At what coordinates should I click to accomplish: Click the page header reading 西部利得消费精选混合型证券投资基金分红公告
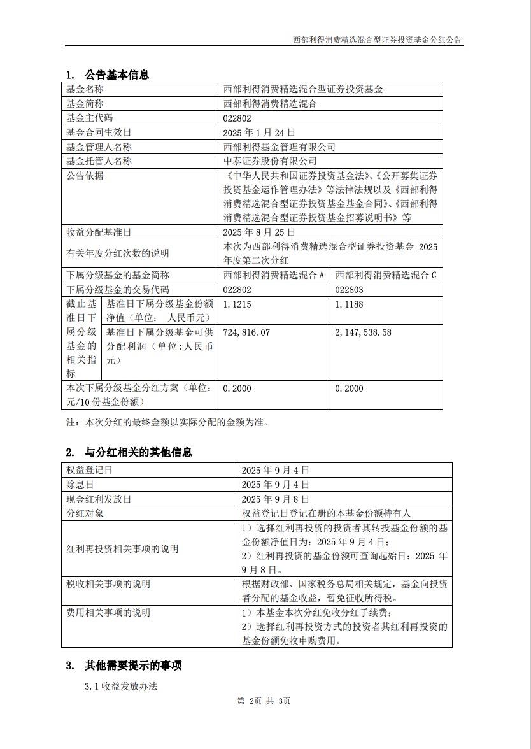(378, 39)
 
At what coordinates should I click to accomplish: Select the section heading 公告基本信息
(117, 75)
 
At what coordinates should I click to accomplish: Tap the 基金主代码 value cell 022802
(237, 118)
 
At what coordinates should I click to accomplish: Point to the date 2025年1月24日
(259, 132)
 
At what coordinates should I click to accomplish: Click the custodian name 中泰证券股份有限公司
(270, 161)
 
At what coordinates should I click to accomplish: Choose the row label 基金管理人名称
(99, 146)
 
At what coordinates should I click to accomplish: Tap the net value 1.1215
(237, 304)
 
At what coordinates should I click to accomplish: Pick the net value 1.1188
(349, 304)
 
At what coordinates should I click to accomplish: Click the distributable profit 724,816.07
(246, 332)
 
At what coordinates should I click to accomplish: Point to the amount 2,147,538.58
(363, 332)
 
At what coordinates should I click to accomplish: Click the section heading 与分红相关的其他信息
(138, 453)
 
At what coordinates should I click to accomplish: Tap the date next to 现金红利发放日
(276, 499)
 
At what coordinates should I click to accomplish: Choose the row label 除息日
(80, 485)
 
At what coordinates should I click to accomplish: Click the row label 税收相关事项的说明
(108, 585)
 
